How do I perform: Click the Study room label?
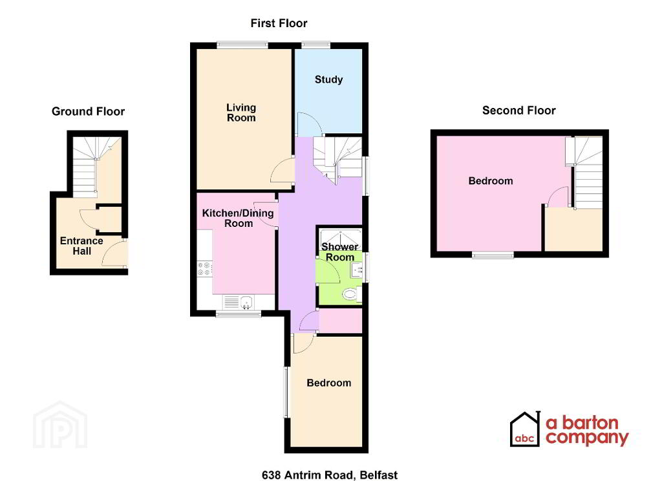click(x=328, y=80)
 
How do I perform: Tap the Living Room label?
click(x=240, y=112)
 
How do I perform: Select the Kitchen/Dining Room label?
click(x=238, y=218)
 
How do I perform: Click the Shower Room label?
click(x=339, y=251)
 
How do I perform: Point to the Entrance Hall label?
click(x=81, y=246)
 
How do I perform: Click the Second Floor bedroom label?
click(x=491, y=181)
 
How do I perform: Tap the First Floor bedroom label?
click(x=328, y=383)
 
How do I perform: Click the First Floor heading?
click(x=279, y=23)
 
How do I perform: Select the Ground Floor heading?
click(x=88, y=111)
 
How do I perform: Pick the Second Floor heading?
click(x=518, y=111)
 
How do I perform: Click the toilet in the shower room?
click(x=350, y=295)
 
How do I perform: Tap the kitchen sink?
click(x=239, y=302)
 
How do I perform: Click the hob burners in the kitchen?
click(x=205, y=268)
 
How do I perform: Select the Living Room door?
click(x=283, y=171)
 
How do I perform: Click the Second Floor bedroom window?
click(x=493, y=255)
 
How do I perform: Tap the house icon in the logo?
click(x=524, y=429)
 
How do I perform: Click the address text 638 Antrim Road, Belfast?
click(x=325, y=475)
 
